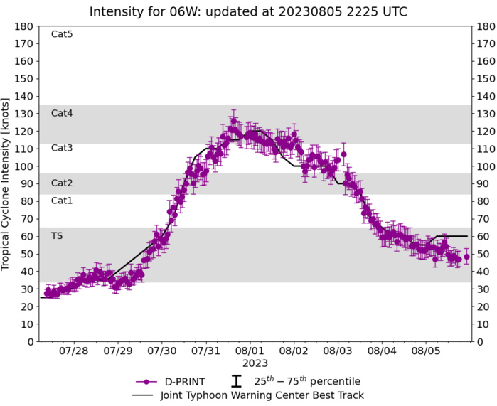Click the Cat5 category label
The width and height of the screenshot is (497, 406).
(62, 34)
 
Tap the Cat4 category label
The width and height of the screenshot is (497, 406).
(62, 113)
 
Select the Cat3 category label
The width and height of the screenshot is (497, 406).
(62, 148)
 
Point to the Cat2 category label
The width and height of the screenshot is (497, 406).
(62, 183)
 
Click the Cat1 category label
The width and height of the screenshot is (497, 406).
(62, 201)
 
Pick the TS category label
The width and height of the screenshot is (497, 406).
(57, 235)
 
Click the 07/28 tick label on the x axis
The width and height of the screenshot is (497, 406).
(74, 351)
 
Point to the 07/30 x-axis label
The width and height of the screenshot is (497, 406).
(162, 351)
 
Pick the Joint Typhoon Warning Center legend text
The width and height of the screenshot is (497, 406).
(259, 395)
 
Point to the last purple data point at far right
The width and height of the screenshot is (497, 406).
(466, 257)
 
